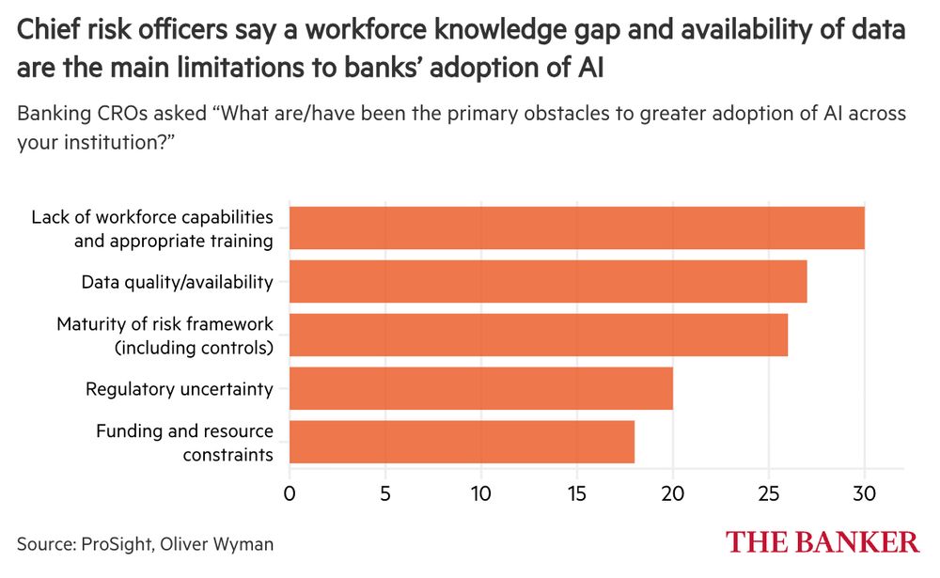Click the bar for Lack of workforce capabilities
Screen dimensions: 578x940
coord(576,228)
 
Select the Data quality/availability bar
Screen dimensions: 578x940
coord(547,282)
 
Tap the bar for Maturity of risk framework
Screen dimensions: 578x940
coord(538,336)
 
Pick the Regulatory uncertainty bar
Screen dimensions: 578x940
coord(480,389)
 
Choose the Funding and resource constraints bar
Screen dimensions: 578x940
coord(462,443)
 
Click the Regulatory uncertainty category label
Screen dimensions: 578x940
coord(180,389)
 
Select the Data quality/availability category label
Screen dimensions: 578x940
coord(177,282)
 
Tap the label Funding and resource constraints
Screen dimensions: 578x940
coord(184,443)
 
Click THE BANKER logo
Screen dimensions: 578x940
coord(822,542)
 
